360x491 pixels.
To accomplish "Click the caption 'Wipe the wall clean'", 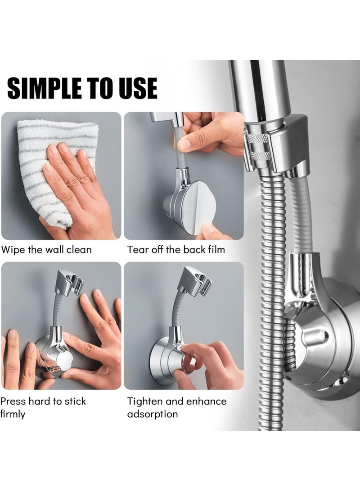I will [x=46, y=249].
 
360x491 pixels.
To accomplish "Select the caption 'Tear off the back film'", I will [x=176, y=249].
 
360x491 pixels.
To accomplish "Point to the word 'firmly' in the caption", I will [x=13, y=414].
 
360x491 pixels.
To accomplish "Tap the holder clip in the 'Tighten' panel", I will [x=193, y=281].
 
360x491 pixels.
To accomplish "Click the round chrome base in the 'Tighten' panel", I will [x=164, y=360].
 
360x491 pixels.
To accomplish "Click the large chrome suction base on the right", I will [x=328, y=342].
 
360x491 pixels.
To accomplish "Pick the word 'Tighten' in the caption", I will [x=144, y=401].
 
